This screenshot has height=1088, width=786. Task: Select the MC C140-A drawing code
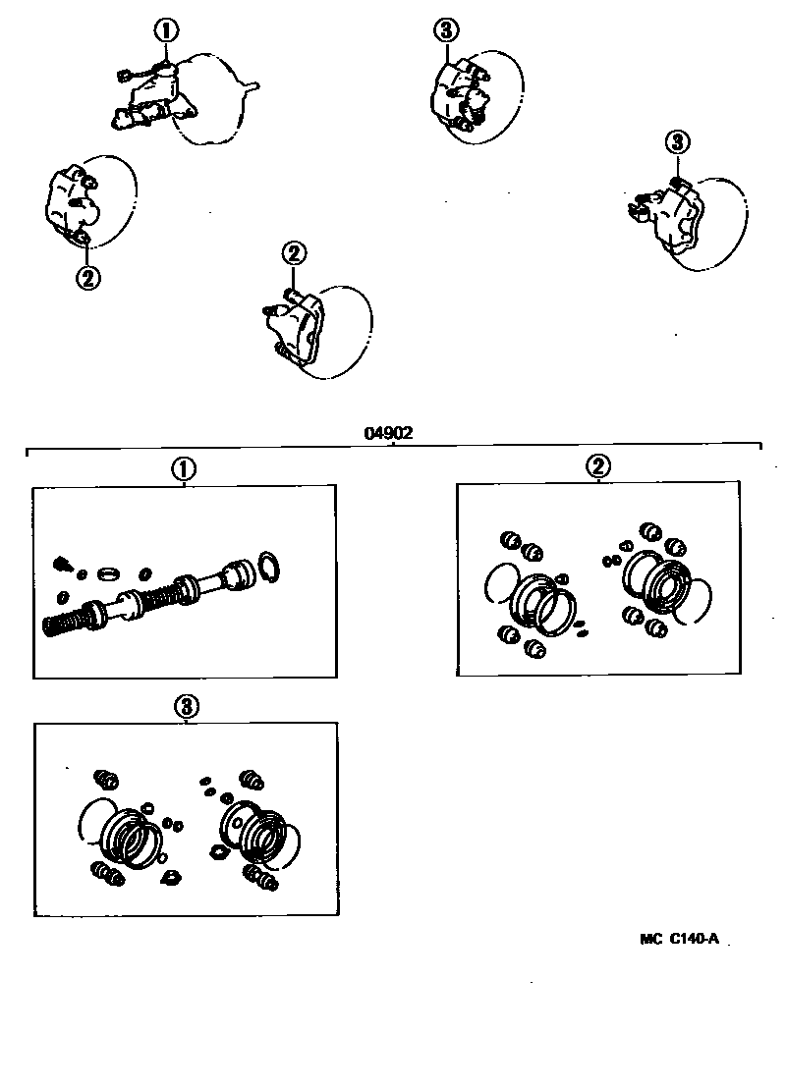pos(680,938)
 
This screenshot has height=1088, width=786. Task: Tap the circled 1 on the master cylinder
pos(166,30)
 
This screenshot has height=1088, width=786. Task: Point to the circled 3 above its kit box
pos(186,706)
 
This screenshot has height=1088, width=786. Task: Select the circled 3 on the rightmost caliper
pos(677,143)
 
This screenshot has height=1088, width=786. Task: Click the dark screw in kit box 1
pos(60,564)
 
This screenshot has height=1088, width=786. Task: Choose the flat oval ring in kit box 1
pos(109,571)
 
